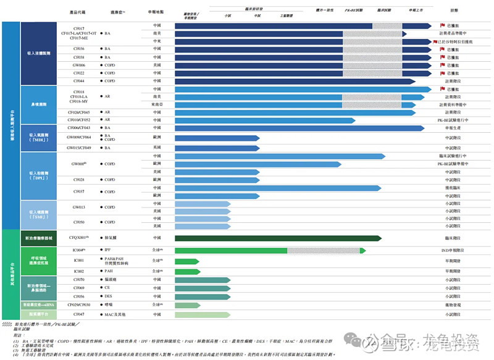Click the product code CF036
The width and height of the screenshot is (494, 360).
(x=78, y=49)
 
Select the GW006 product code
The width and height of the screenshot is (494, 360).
(x=78, y=65)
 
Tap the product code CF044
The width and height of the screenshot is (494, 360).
(x=78, y=81)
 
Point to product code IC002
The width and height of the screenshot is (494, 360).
(x=78, y=271)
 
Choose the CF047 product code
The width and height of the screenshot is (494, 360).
(x=78, y=314)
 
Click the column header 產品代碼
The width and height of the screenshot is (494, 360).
(x=78, y=12)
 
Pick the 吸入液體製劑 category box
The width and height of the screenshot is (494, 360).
(x=38, y=54)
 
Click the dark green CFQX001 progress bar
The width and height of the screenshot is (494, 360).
(x=277, y=238)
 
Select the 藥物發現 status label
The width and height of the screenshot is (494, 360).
(x=453, y=305)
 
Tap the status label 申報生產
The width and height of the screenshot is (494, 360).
(x=453, y=128)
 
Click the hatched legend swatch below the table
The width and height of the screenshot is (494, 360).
(x=7, y=324)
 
